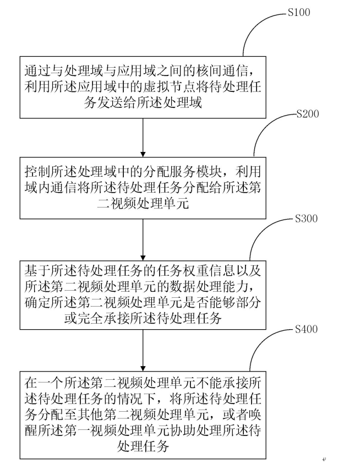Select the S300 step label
click(306, 219)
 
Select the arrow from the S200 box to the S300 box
click(143, 239)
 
